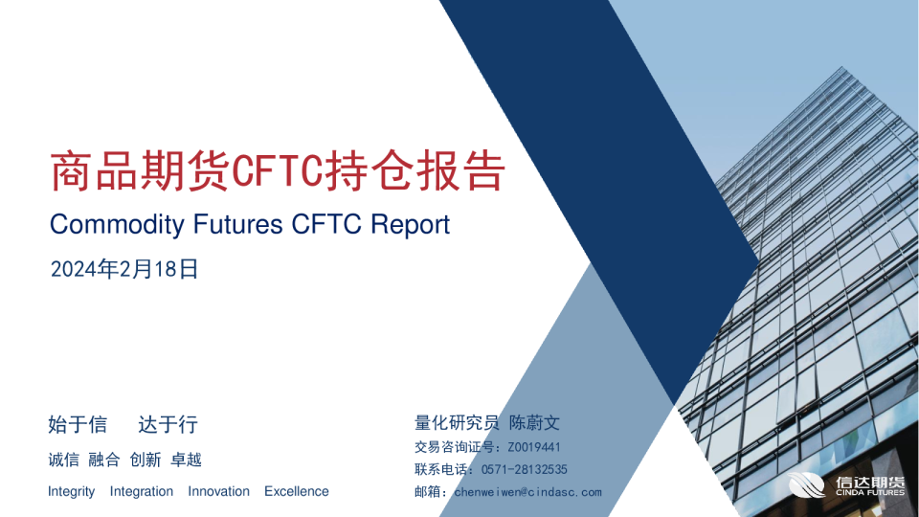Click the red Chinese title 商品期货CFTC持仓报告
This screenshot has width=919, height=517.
tap(277, 171)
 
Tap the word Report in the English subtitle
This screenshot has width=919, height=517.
tap(409, 225)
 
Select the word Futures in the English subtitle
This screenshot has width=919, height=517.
tap(237, 225)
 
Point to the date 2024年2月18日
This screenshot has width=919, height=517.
tap(123, 270)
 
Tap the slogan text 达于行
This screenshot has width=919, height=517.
tap(168, 424)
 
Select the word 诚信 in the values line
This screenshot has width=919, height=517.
tap(63, 460)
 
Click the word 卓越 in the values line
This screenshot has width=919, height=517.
tap(186, 460)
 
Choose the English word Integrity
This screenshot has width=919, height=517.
tap(71, 491)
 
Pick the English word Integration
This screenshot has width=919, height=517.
tap(142, 491)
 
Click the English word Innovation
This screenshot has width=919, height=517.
tap(218, 491)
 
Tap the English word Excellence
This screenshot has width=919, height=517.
tap(296, 491)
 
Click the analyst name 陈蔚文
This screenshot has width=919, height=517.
tap(534, 422)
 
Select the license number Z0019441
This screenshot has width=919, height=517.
tap(534, 446)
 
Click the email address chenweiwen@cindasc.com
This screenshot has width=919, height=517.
tap(527, 492)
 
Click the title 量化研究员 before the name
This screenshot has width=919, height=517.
tap(457, 422)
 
